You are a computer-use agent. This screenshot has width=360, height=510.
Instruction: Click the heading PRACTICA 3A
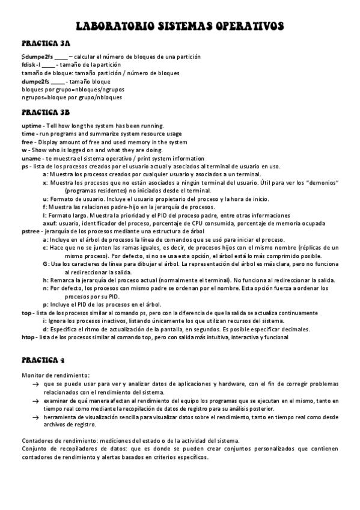[46, 44]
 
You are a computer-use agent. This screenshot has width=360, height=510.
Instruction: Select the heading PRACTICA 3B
[46, 112]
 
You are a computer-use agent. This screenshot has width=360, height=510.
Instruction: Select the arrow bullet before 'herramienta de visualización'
[36, 416]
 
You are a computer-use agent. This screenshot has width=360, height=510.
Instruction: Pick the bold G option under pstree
[45, 264]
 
